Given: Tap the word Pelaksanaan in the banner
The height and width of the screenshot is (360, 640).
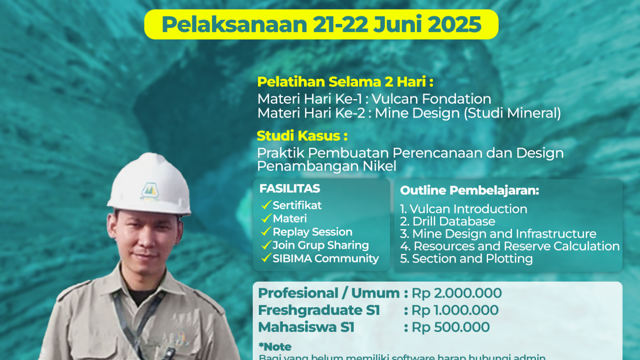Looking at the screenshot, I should coord(234,24).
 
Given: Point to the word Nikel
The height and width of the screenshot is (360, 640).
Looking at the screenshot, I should coord(379,166).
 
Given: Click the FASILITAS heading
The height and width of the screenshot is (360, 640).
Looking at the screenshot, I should coord(290,188).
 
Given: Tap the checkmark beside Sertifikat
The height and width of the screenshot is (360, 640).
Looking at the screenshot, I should coord(266,205).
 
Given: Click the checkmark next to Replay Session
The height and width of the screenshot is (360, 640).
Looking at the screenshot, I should coord(266,232).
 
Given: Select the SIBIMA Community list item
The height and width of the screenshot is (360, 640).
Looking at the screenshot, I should coord(325,258).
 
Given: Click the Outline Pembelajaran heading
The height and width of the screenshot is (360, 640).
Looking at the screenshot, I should coord(470,190).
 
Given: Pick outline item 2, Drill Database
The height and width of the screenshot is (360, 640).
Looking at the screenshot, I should coord(448,221).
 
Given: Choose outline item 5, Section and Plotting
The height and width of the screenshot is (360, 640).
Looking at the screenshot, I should coord(466,258).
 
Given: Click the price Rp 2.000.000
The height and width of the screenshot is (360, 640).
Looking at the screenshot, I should coord(457,293).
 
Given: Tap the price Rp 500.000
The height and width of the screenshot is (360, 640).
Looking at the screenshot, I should coord(451,327).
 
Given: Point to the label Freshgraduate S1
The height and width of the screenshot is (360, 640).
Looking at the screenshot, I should coord(319,310).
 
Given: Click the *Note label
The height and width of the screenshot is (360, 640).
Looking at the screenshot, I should coord(275,346).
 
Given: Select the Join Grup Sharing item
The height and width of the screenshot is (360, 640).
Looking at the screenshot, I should coord(320,245).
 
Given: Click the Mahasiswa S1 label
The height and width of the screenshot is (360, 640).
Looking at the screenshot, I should coord(306,327).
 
